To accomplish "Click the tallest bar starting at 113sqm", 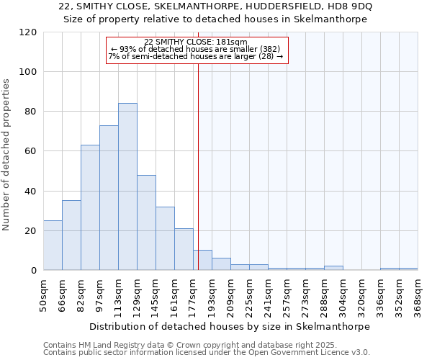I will (127, 187).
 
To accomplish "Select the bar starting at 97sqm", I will (109, 198).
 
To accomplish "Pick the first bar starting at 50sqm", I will (53, 246).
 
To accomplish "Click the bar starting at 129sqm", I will (146, 222).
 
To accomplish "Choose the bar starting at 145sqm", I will (165, 238).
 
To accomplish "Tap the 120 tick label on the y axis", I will (29, 32).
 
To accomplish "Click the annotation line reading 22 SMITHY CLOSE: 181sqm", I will (196, 42).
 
